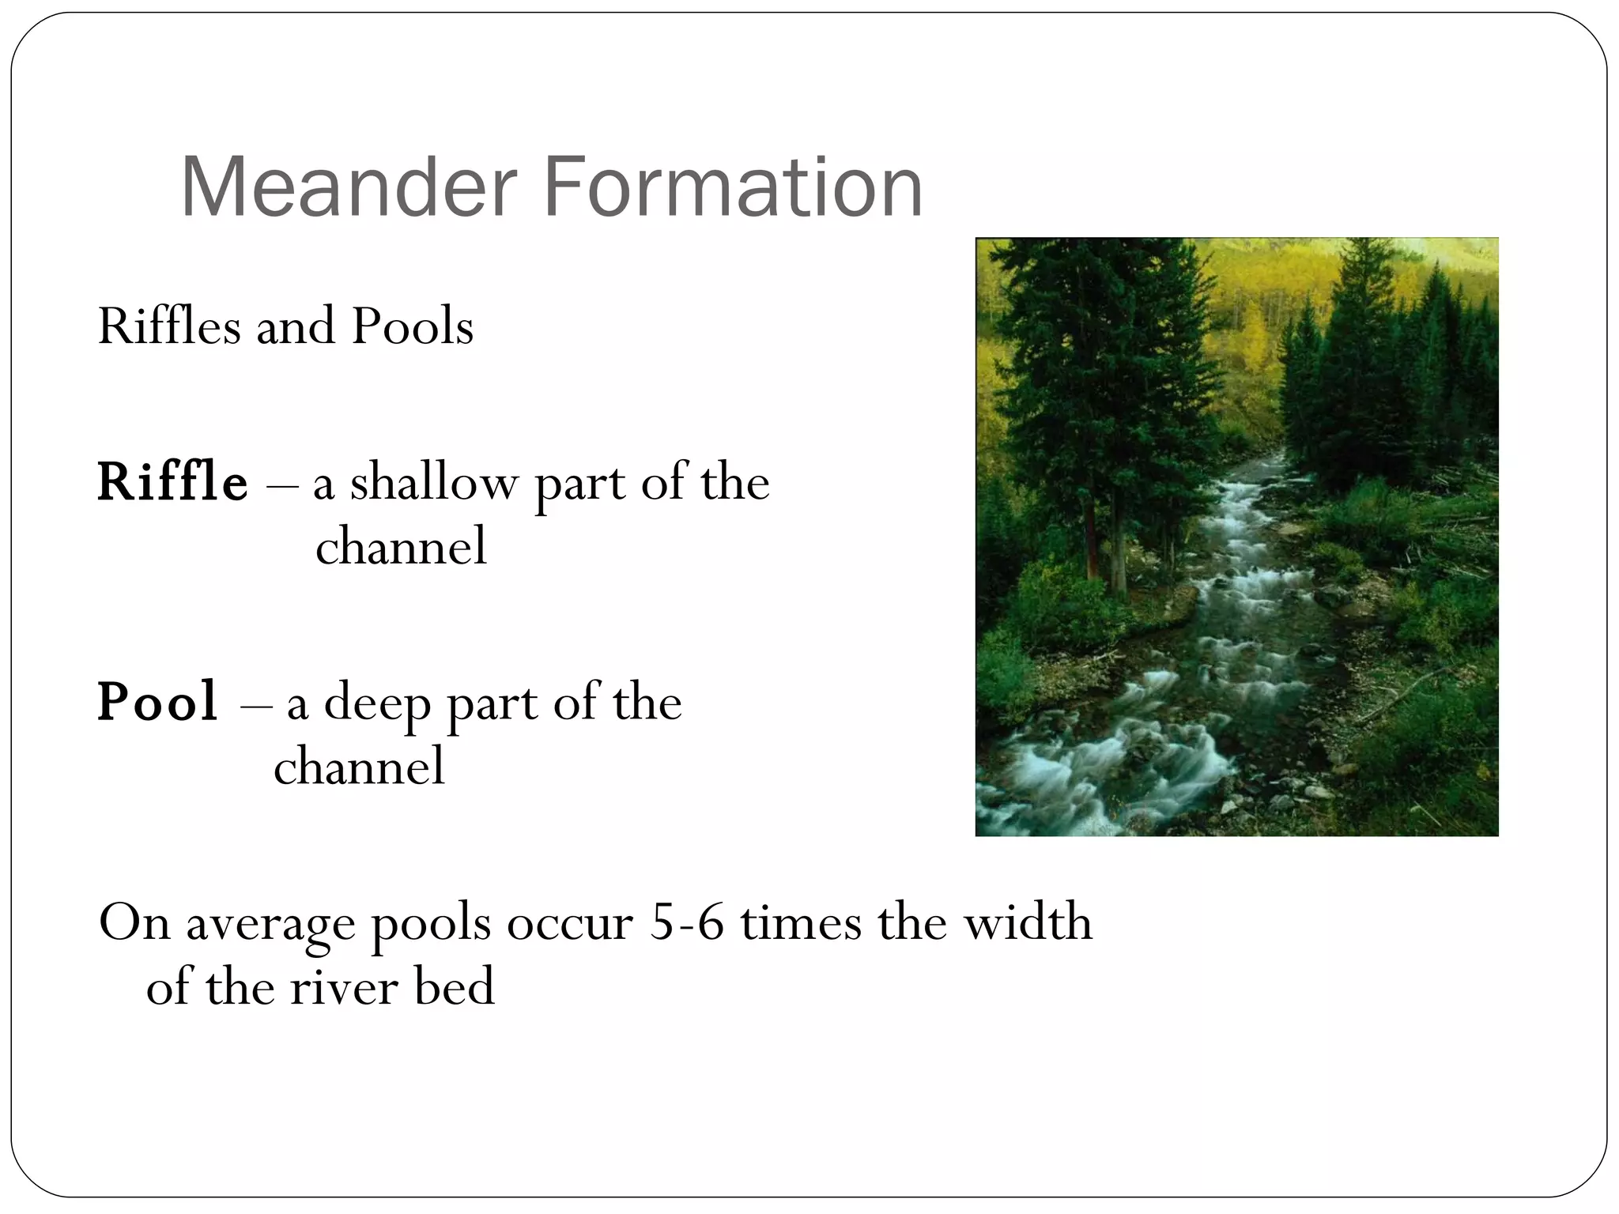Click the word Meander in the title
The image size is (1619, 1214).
click(348, 188)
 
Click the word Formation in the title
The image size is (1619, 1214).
click(733, 188)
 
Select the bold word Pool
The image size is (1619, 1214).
click(157, 702)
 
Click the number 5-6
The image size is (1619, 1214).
click(686, 922)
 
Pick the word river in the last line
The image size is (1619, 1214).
click(344, 988)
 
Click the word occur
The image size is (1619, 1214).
click(570, 923)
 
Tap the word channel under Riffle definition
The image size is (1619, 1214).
click(401, 547)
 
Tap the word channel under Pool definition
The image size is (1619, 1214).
click(359, 767)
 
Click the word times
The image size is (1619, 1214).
click(800, 922)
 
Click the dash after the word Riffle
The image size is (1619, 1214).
click(281, 484)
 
